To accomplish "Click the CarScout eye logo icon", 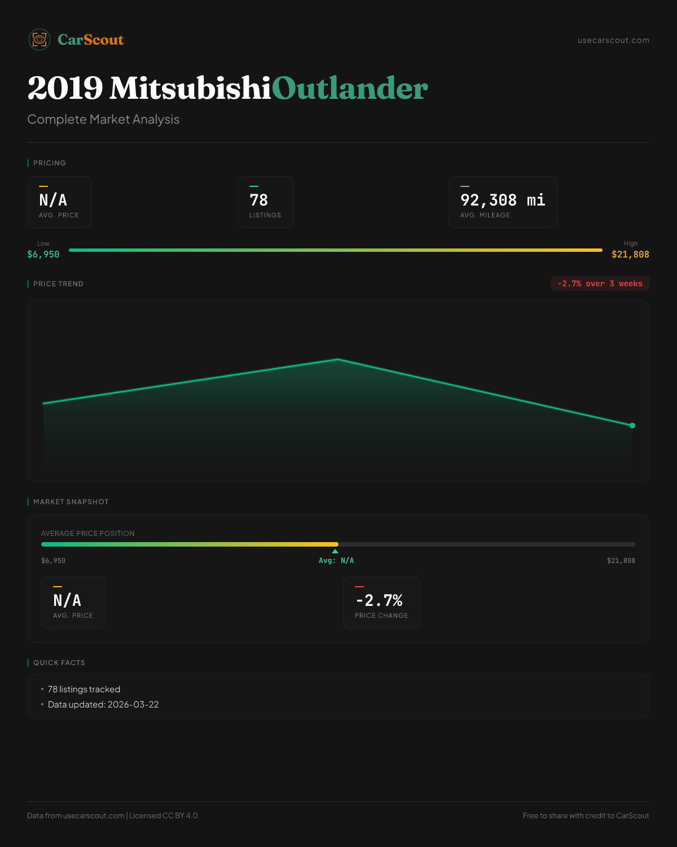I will coord(39,40).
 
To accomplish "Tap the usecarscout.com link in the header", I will coord(613,40).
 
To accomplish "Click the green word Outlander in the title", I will coord(350,89).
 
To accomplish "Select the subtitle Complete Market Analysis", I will coord(103,120).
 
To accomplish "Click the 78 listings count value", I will coord(259,200).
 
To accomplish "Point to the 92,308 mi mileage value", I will coord(503,200).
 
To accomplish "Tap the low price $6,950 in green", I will coord(43,255).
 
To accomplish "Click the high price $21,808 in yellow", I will coord(630,255).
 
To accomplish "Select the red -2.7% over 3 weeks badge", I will coord(600,284).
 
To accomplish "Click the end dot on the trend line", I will coord(632,426).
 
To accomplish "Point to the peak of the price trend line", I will coord(338,359).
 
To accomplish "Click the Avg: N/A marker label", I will coord(336,561).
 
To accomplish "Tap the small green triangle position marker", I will coord(335,551).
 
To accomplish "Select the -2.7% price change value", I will coord(379,600).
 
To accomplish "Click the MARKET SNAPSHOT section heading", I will coord(71,502).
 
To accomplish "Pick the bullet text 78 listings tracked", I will coord(84,689).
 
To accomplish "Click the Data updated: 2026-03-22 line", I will coord(103,705).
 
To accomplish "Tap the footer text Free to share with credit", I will coord(586,816).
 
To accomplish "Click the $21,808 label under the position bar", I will coord(621,561).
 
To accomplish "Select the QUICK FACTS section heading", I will coord(59,663).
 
